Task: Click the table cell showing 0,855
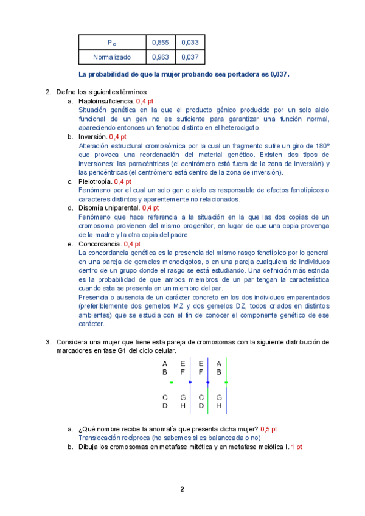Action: (160, 42)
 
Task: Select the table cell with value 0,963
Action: (160, 57)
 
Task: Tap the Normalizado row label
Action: (112, 57)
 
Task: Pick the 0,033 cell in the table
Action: (190, 42)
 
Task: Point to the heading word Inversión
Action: (92, 138)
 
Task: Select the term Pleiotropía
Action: (94, 181)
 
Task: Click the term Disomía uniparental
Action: (109, 208)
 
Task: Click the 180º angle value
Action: (321, 146)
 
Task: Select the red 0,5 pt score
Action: (268, 428)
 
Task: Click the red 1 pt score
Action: (296, 447)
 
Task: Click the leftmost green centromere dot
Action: (172, 382)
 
